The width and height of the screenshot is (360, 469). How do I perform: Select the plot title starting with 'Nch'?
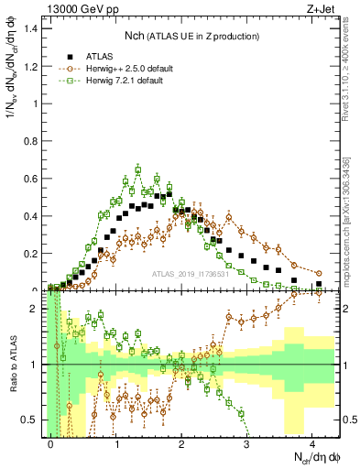tap(191, 36)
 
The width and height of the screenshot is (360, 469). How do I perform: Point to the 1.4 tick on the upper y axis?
tap(33, 28)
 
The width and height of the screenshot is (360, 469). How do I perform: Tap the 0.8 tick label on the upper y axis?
tap(33, 141)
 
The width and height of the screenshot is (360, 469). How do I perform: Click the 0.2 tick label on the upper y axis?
tap(33, 254)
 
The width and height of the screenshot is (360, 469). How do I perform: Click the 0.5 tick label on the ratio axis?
tap(33, 420)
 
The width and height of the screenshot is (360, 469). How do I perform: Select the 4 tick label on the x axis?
tap(312, 442)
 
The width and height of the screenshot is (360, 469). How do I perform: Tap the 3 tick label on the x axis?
tap(247, 442)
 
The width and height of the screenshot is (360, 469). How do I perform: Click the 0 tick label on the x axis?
tap(51, 442)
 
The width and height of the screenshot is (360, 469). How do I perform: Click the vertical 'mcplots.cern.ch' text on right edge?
tap(349, 229)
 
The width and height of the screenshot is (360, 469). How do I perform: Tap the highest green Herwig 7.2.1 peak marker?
tap(137, 169)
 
